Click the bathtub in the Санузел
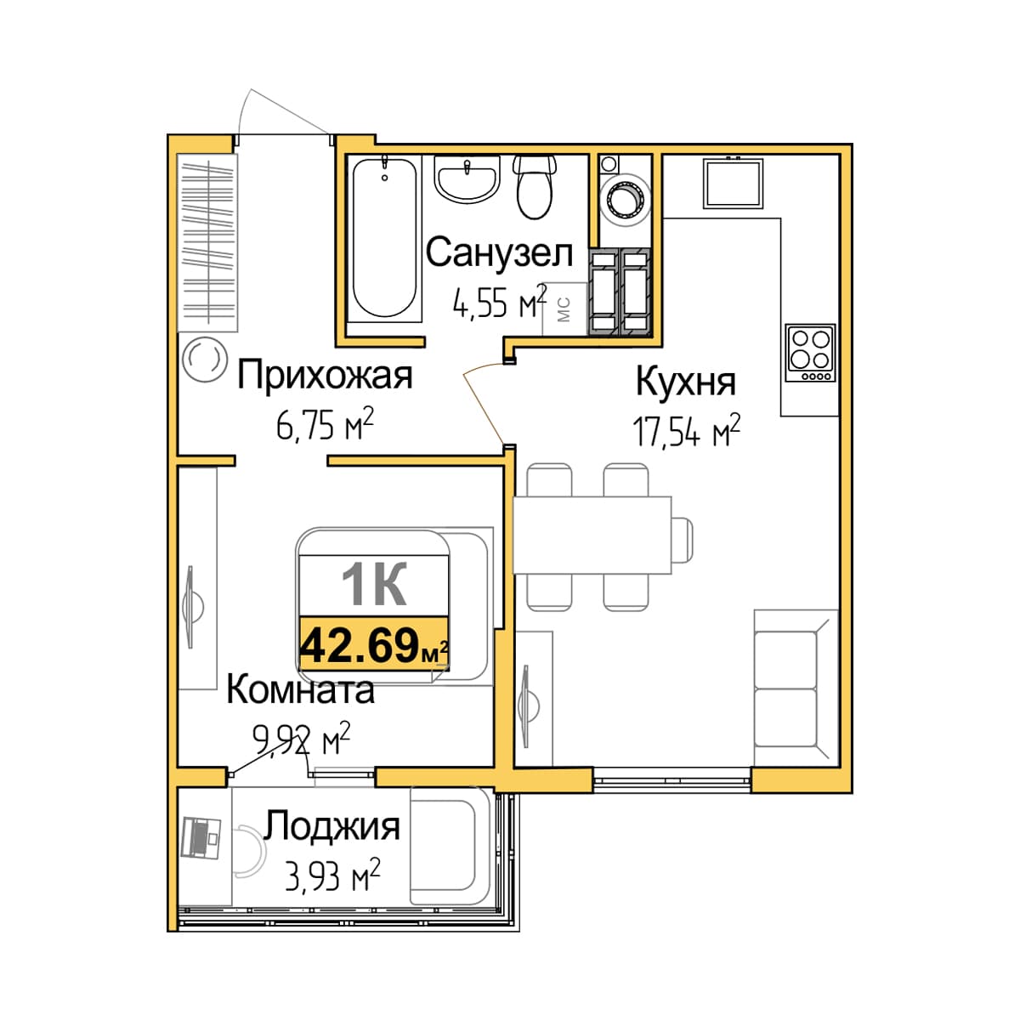(384, 238)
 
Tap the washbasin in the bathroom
(467, 179)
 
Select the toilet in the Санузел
(534, 187)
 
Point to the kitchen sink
(733, 184)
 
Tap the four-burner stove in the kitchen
(810, 353)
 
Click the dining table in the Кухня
(592, 535)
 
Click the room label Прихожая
(325, 376)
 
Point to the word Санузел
(499, 253)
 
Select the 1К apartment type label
(374, 584)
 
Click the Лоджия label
(331, 826)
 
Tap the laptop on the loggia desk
(200, 837)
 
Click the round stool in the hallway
(204, 360)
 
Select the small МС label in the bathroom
(564, 309)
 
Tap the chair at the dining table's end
(682, 541)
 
